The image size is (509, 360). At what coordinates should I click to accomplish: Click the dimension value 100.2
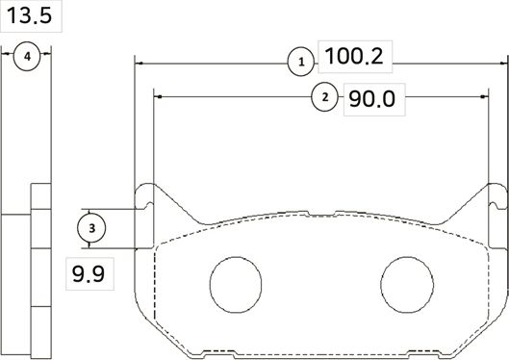pyautogui.click(x=354, y=58)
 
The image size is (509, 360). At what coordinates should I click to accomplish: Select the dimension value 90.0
pyautogui.click(x=371, y=99)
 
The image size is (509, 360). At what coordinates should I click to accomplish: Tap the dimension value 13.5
pyautogui.click(x=29, y=17)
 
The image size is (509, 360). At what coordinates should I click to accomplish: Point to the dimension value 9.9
pyautogui.click(x=87, y=276)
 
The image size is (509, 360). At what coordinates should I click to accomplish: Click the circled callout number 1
pyautogui.click(x=301, y=63)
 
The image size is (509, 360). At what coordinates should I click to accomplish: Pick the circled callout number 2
pyautogui.click(x=325, y=97)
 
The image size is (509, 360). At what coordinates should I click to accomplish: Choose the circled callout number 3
pyautogui.click(x=90, y=228)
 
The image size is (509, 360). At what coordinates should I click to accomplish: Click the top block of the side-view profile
pyautogui.click(x=40, y=198)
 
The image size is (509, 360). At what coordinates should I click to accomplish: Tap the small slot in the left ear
pyautogui.click(x=146, y=208)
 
